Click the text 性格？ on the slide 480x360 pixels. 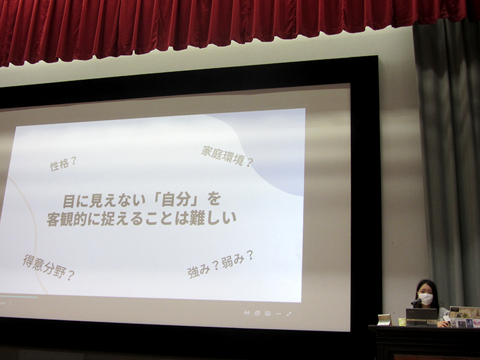[63, 164]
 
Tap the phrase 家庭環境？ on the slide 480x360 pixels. [227, 156]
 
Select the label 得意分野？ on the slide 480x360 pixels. [49, 267]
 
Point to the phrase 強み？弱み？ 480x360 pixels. [220, 264]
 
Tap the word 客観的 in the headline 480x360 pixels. [67, 218]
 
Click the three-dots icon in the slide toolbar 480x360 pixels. [278, 313]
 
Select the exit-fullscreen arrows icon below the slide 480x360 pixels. [289, 314]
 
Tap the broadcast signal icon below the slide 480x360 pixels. [247, 313]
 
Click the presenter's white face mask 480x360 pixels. [425, 299]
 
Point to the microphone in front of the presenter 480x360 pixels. [416, 302]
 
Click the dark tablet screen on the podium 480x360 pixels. [421, 316]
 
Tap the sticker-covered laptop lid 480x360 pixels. [464, 316]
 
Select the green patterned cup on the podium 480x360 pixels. [402, 322]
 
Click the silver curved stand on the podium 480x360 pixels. [385, 320]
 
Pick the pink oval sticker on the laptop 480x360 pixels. [476, 323]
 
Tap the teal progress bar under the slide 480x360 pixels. [19, 296]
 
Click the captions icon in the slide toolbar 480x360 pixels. [268, 313]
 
